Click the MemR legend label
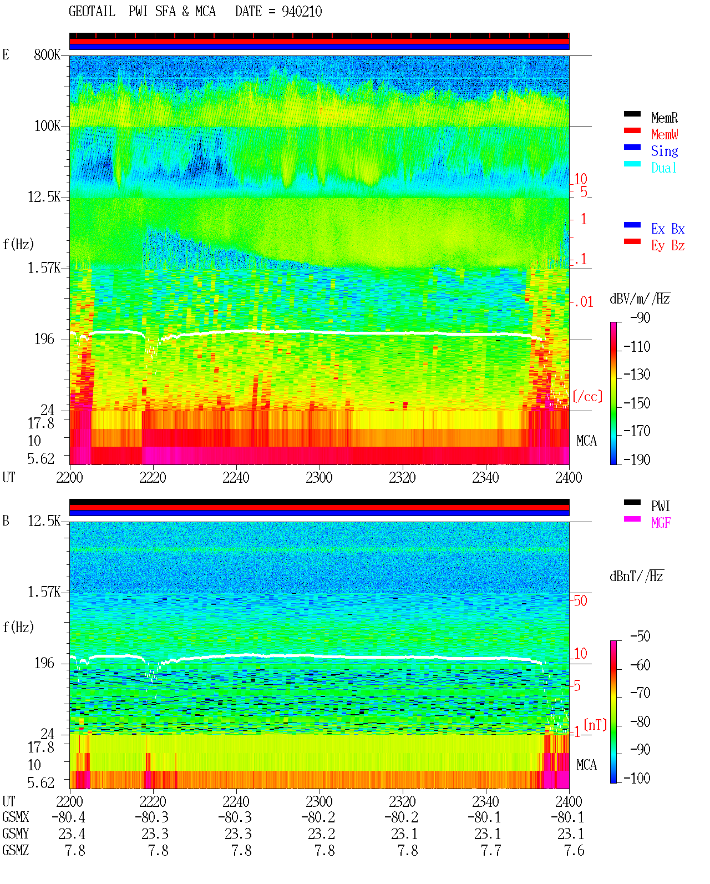[664, 118]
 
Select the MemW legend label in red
[664, 134]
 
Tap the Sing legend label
[664, 151]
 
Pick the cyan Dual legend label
[663, 168]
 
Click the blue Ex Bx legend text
[668, 229]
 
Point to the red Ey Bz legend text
[668, 246]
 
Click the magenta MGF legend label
[661, 523]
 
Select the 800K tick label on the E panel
[47, 54]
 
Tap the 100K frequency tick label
[47, 126]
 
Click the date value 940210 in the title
[302, 12]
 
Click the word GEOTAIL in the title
[92, 12]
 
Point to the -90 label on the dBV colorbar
[640, 317]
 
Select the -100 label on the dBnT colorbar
[636, 778]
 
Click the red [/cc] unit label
[587, 396]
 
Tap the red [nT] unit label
[595, 724]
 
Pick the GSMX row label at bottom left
[16, 817]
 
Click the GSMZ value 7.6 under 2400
[574, 850]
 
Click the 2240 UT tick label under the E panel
[236, 478]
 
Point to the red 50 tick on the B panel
[580, 601]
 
